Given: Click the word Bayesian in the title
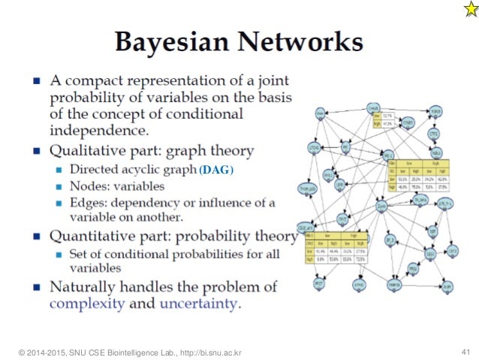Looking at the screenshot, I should (162, 41).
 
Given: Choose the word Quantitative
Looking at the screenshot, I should (95, 236).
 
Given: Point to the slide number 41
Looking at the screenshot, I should (463, 352).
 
